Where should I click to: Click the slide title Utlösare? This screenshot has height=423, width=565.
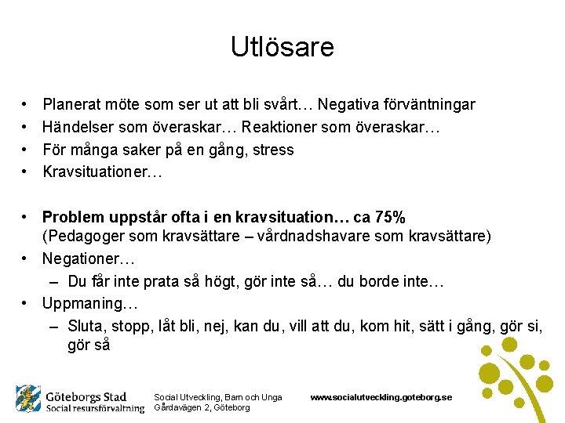(x=282, y=47)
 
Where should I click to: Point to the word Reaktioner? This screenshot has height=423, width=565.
(x=281, y=127)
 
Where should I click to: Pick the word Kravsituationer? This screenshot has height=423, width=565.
(x=100, y=172)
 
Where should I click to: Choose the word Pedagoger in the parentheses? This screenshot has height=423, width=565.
(x=84, y=237)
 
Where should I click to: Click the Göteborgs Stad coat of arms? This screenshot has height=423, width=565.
(x=28, y=399)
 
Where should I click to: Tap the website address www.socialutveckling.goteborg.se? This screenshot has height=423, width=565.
(x=381, y=397)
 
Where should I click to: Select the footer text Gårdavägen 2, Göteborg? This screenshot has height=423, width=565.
(x=202, y=407)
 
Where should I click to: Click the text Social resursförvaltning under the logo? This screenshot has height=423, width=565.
(x=95, y=408)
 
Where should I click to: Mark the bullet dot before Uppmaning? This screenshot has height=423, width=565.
(x=26, y=302)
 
